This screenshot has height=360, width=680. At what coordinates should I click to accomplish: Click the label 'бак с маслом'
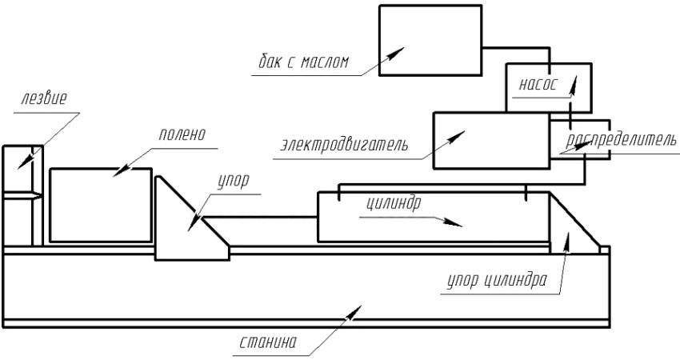pyautogui.click(x=303, y=62)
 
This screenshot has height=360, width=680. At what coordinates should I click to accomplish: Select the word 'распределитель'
pyautogui.click(x=621, y=141)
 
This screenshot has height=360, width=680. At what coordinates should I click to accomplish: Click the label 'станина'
pyautogui.click(x=268, y=345)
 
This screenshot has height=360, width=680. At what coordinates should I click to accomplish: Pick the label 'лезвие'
pyautogui.click(x=45, y=99)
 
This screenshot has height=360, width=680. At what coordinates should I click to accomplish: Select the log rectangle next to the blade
pyautogui.click(x=100, y=205)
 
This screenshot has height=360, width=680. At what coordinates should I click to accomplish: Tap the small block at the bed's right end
pyautogui.click(x=605, y=249)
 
